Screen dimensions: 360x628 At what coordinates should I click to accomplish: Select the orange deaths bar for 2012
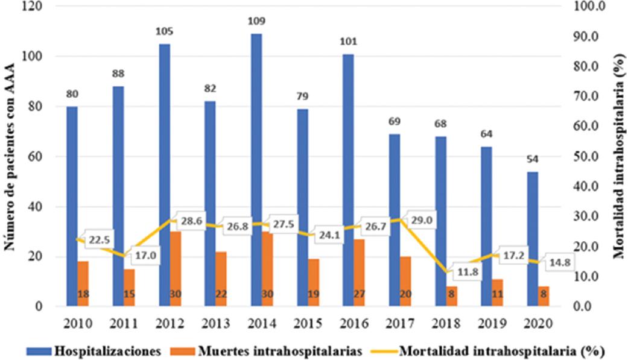point(176,268)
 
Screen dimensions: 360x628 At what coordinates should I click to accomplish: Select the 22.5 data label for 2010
point(100,240)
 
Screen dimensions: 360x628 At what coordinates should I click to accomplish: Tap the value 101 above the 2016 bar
point(349,42)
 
